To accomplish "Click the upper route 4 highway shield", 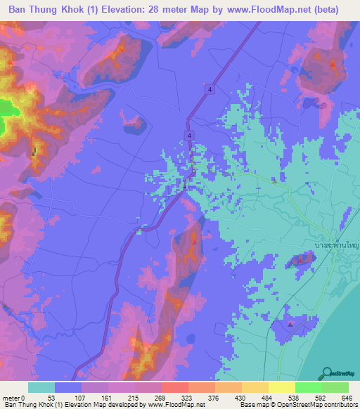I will (x=210, y=89).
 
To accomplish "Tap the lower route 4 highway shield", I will (x=189, y=134).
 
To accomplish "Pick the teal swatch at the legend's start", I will (x=41, y=387).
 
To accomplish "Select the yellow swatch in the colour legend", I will (x=282, y=387).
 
